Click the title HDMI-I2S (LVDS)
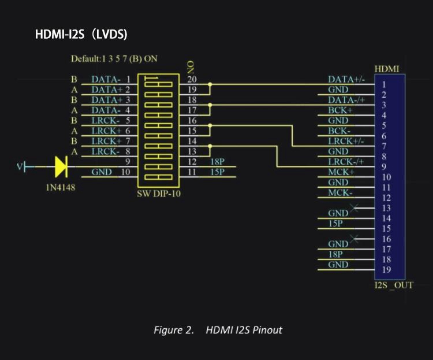click(x=81, y=35)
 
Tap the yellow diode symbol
click(x=61, y=167)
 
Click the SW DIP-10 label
click(x=159, y=194)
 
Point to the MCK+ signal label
click(x=342, y=172)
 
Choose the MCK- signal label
click(x=341, y=192)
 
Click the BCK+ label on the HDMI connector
click(x=341, y=110)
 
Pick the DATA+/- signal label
click(x=346, y=79)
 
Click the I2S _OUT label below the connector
click(x=392, y=285)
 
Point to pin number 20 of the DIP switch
click(x=192, y=79)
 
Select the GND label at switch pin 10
click(x=102, y=172)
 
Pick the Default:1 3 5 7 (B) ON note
click(x=114, y=58)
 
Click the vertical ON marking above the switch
click(x=191, y=65)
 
